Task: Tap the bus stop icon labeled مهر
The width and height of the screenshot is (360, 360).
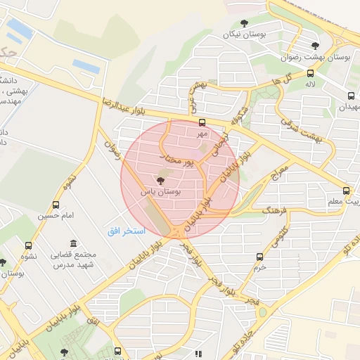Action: (202, 122)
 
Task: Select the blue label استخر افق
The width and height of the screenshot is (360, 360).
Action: (127, 231)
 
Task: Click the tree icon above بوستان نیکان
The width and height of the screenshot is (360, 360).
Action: (244, 25)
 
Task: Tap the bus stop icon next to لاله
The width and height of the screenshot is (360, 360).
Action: (310, 73)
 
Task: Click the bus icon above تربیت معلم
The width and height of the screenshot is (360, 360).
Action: (345, 191)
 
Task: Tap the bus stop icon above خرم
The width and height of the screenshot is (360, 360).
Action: (260, 257)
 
